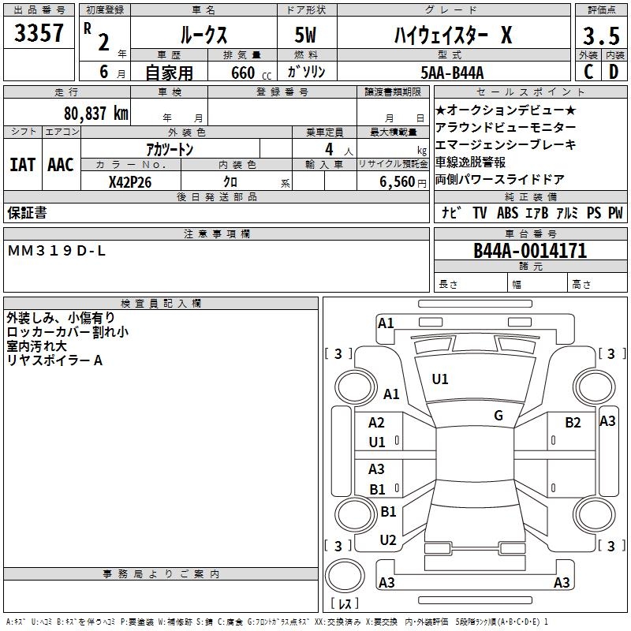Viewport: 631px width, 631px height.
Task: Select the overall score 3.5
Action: coord(599,36)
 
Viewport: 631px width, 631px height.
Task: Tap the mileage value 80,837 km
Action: coord(97,113)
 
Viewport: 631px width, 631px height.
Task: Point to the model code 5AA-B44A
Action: coord(464,72)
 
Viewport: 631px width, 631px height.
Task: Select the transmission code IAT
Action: coord(22,164)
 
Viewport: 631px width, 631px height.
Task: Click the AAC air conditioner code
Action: coord(60,164)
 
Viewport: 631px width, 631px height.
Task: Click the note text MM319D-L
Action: coord(56,251)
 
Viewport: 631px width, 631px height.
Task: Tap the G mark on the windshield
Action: coord(498,415)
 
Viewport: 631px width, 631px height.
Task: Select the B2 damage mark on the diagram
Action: coord(573,423)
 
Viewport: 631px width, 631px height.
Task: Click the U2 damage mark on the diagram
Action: coord(388,540)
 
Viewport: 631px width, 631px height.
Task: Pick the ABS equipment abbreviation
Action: coord(507,212)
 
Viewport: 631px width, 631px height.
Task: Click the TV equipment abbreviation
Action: coord(480,212)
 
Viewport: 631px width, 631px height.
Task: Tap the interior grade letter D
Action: coord(613,72)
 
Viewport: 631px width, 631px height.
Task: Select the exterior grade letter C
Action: coord(588,72)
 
